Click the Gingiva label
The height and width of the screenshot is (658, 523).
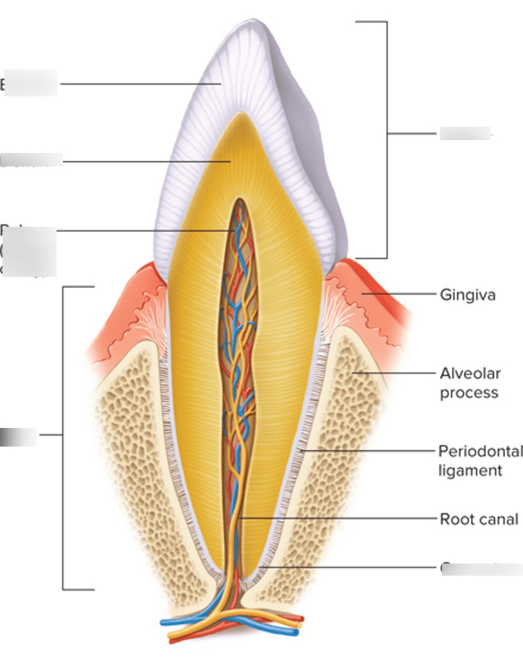[x=467, y=295]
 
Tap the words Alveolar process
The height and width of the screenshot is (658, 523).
[x=470, y=383]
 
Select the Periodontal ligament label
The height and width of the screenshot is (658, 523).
[x=480, y=461]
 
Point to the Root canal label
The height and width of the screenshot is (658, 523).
[x=478, y=519]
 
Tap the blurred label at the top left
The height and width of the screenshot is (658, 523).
[x=30, y=84]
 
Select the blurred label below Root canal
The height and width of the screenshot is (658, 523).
[x=481, y=569]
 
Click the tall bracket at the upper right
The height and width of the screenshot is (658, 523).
[x=387, y=138]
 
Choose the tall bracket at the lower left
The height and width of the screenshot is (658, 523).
[x=63, y=437]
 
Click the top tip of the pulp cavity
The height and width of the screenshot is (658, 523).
[x=240, y=201]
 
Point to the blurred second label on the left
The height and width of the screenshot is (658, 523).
[x=32, y=161]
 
